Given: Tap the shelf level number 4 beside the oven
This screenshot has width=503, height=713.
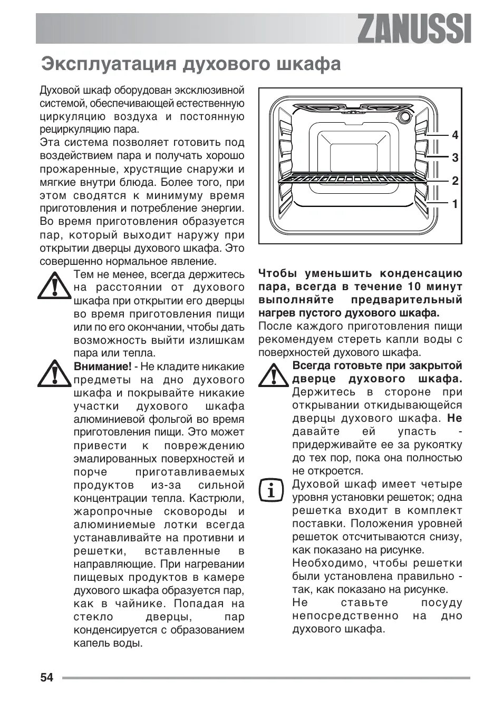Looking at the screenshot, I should pos(455,135).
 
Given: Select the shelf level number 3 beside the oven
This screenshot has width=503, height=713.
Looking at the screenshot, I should pos(455,157).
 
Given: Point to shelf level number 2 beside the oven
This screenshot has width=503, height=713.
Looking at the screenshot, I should pos(455,181).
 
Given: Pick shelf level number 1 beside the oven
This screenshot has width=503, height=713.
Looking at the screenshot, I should pos(455,204).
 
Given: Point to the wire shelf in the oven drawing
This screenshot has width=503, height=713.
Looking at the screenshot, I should pos(352,179).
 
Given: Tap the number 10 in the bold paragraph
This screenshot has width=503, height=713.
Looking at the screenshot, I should pos(415,287).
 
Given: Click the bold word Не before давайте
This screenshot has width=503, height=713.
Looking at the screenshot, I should pos(454,418).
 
